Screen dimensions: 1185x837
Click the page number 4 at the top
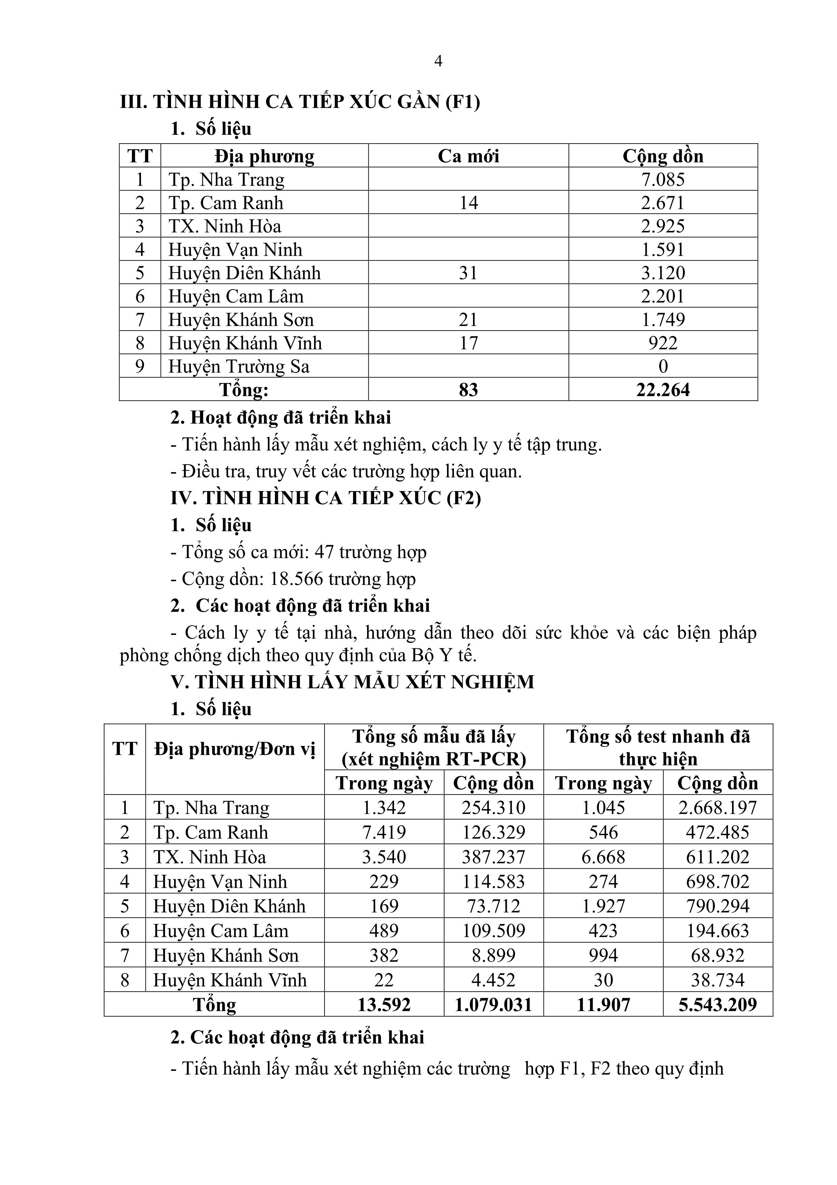coord(438,61)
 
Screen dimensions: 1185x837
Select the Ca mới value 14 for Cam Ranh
coord(468,203)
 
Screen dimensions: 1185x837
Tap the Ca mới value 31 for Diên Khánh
coord(468,273)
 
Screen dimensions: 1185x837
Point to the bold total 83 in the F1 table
coord(468,390)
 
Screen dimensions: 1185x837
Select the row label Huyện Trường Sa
coord(239,366)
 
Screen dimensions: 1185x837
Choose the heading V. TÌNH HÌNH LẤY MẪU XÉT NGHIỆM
coord(352,682)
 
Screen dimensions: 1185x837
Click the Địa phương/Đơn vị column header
coord(235,749)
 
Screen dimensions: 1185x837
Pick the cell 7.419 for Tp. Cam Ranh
coord(384,832)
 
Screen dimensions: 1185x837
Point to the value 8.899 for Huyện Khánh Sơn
coord(494,955)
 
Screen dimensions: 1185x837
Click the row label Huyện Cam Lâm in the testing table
coord(221,931)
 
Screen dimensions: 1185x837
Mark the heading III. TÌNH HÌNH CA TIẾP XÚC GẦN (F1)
coord(300,102)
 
